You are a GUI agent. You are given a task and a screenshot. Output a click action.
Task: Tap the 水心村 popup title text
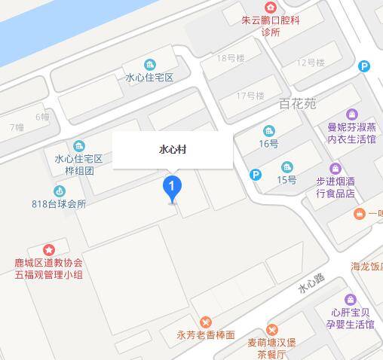[173, 150]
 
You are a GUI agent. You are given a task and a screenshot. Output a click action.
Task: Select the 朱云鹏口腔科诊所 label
[270, 26]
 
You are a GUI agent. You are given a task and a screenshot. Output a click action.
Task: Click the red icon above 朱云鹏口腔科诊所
[270, 7]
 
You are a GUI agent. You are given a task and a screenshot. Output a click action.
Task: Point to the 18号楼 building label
[231, 58]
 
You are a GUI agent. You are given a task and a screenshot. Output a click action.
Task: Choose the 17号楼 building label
[250, 96]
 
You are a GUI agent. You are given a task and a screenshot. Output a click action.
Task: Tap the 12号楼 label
[310, 63]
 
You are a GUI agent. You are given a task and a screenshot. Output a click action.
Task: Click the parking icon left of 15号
[256, 175]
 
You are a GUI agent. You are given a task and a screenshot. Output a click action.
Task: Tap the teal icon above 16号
[269, 130]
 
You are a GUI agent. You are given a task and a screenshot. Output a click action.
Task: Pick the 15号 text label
[286, 180]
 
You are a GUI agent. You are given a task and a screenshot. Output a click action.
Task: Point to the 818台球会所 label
[60, 203]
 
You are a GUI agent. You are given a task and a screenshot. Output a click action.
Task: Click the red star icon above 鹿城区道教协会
[49, 249]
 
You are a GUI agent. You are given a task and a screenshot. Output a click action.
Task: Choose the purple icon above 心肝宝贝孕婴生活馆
[348, 299]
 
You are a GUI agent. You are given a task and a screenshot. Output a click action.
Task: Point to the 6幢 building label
[42, 117]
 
